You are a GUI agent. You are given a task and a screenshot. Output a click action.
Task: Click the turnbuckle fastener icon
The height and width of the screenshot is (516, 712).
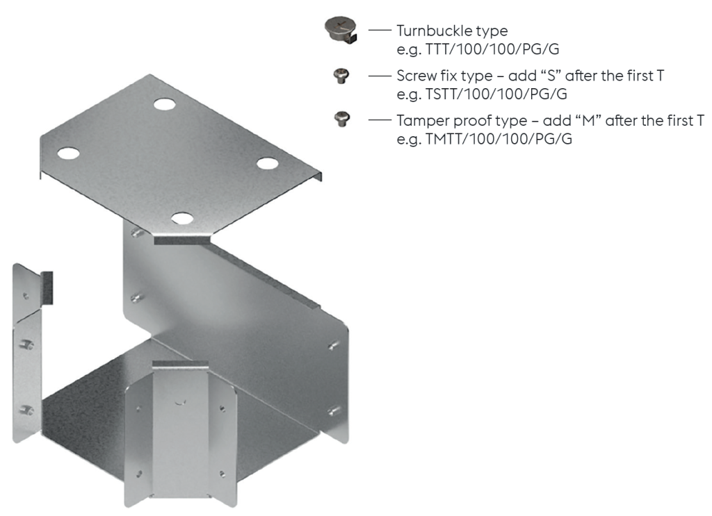coord(339,29)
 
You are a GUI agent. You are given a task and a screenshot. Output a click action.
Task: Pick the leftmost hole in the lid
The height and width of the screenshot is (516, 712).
coord(68,151)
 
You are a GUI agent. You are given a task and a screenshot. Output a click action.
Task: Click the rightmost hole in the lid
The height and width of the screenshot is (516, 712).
coord(267,163)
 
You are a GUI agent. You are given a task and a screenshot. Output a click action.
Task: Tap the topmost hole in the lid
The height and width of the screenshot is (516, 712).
coord(164,105)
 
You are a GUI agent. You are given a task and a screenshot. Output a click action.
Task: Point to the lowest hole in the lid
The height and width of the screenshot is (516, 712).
coord(181,217)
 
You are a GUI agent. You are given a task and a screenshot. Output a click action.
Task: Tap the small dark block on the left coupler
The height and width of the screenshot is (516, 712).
coord(46,287)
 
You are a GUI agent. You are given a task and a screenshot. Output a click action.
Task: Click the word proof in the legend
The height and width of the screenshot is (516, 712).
coord(475,121)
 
